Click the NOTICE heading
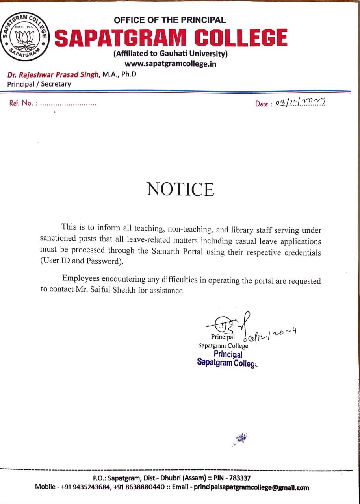tap(180, 189)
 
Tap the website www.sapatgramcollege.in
tap(170, 63)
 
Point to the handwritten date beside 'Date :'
tap(301, 103)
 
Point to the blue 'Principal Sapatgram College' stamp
tap(227, 358)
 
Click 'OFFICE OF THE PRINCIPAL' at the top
tap(170, 20)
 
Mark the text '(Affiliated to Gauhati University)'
tap(170, 54)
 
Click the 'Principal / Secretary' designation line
tap(39, 84)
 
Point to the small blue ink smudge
tap(240, 438)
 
